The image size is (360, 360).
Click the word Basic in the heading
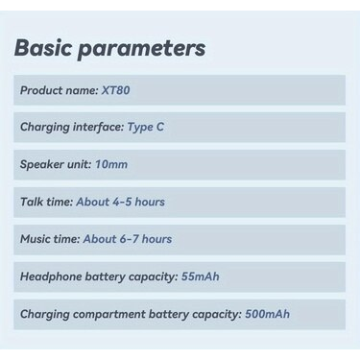(x=43, y=47)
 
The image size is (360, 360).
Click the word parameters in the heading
(x=142, y=49)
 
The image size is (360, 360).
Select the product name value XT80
(x=116, y=90)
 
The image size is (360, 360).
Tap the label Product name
(x=60, y=90)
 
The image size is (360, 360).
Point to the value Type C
(x=146, y=127)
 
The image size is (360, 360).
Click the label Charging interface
(x=72, y=127)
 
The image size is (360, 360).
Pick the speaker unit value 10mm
(x=111, y=164)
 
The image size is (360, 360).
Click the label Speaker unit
(x=56, y=164)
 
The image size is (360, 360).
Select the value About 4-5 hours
(x=121, y=202)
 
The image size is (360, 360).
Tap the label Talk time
(x=47, y=202)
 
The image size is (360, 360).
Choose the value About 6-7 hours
(x=128, y=239)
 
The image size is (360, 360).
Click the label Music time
(x=50, y=239)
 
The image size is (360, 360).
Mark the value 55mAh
(x=201, y=276)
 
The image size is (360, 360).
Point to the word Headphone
(x=51, y=276)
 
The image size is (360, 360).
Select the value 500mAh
(x=267, y=314)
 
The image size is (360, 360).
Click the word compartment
(x=109, y=315)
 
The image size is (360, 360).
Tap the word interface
(x=98, y=127)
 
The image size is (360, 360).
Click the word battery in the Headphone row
(x=106, y=277)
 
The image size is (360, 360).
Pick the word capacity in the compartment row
(x=217, y=315)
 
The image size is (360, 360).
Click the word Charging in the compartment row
(x=45, y=315)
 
